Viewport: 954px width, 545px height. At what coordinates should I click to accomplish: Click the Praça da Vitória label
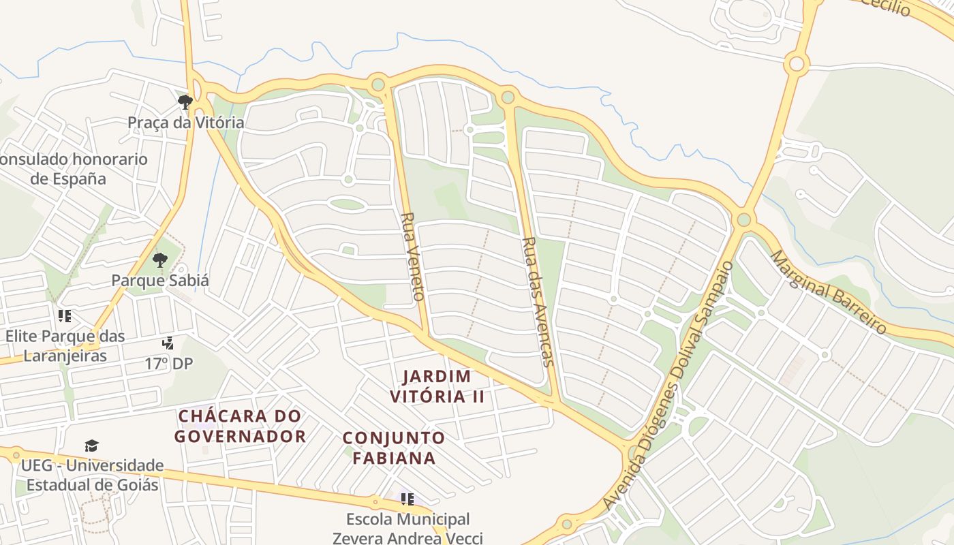tap(185, 123)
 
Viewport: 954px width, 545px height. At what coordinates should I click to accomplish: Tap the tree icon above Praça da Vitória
tap(185, 102)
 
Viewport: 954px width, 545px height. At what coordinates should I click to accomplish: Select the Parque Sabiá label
tap(160, 280)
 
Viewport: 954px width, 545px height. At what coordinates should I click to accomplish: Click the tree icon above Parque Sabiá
tap(160, 260)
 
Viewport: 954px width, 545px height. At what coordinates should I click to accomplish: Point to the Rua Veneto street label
tap(412, 256)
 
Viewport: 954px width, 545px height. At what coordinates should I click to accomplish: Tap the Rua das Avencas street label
tap(538, 301)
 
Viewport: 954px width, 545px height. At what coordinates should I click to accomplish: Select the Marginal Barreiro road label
tap(829, 292)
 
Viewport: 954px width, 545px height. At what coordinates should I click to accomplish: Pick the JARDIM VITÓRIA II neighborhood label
tap(437, 386)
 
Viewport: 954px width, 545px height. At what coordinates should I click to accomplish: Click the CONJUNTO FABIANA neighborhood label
tap(394, 448)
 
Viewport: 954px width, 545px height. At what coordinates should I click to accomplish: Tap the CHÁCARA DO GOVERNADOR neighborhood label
tap(240, 426)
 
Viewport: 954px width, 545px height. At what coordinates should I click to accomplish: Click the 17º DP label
tap(168, 364)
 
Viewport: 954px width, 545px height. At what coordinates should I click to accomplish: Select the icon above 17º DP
tap(168, 343)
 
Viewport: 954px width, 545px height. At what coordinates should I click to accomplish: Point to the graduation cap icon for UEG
tap(92, 446)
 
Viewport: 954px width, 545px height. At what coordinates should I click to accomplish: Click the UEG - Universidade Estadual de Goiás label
tap(92, 476)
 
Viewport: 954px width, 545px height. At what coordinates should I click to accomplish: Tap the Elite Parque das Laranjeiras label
tap(65, 345)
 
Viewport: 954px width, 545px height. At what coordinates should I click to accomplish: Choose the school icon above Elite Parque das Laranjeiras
tap(65, 316)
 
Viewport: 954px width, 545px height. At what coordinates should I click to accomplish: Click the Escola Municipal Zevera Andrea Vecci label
tap(407, 529)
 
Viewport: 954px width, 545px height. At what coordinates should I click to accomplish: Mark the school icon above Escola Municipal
tap(407, 499)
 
